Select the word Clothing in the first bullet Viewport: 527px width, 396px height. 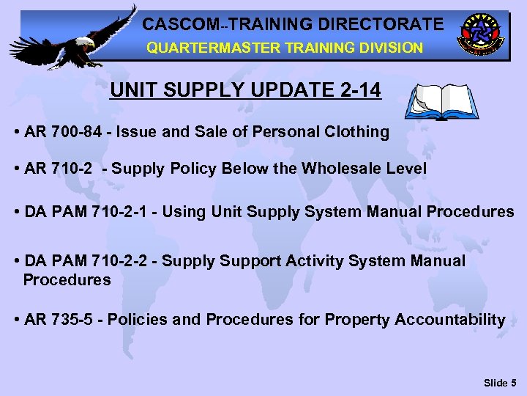pos(358,132)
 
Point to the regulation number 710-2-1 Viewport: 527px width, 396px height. pos(124,212)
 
